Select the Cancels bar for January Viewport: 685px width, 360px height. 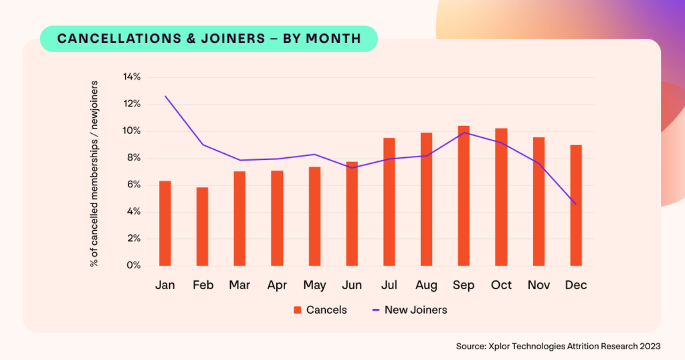[165, 223]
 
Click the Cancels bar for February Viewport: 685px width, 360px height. [202, 227]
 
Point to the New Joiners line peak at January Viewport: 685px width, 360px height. [165, 96]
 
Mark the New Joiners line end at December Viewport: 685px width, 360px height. [575, 204]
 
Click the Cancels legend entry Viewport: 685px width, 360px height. [320, 310]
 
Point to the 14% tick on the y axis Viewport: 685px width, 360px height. [132, 77]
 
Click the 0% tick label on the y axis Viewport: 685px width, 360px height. [134, 266]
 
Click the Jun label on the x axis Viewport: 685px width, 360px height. [351, 285]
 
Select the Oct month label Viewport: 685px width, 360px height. [501, 285]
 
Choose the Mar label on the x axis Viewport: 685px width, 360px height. [239, 285]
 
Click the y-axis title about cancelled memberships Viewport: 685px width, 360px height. [94, 174]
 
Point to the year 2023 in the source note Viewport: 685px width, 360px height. [648, 346]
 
